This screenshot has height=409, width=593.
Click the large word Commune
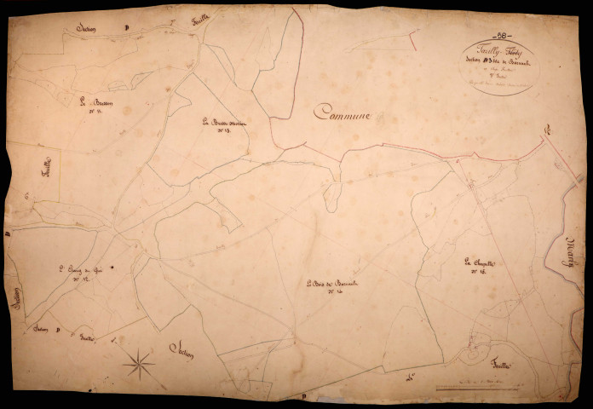tap(348, 112)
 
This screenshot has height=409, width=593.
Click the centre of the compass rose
tap(139, 365)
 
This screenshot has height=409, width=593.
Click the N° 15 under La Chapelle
tap(477, 272)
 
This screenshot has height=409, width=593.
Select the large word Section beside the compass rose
tap(182, 348)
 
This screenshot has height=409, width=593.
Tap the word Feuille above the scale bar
tap(500, 365)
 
